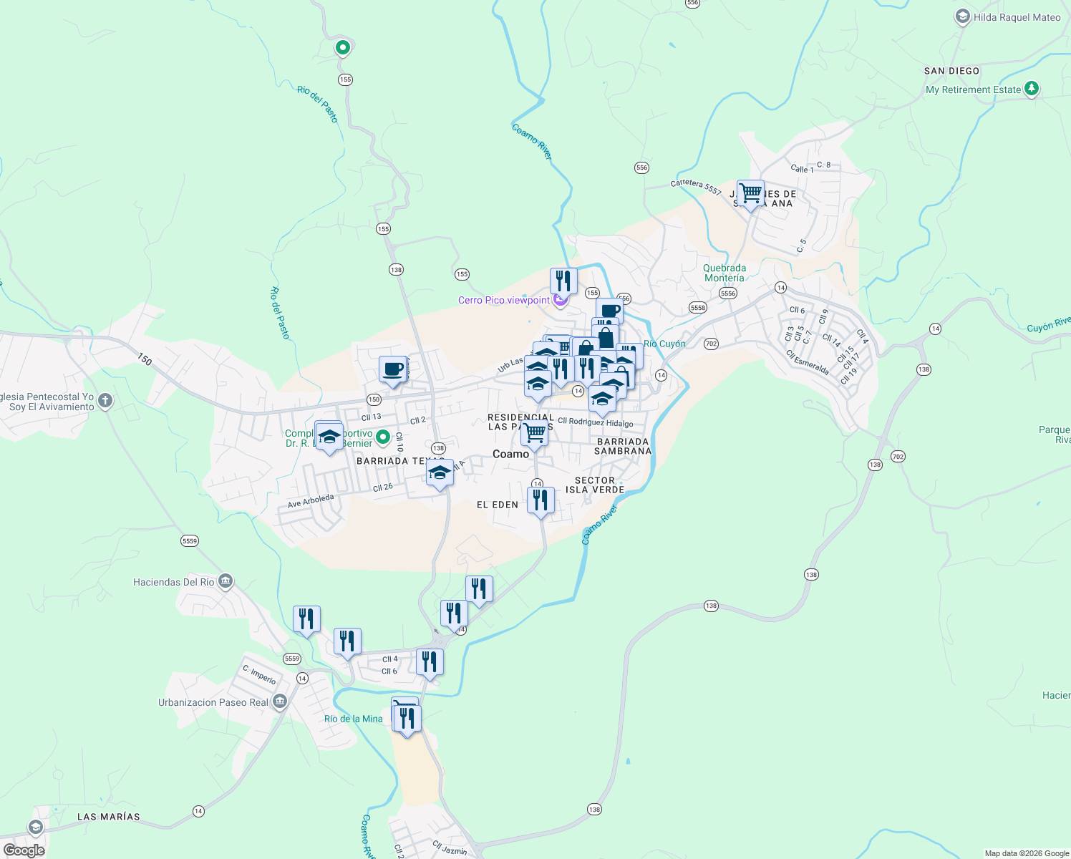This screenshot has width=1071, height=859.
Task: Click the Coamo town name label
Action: pyautogui.click(x=510, y=454)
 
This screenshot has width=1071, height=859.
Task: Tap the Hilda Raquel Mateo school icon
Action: pyautogui.click(x=962, y=17)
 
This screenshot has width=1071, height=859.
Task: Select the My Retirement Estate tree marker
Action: pyautogui.click(x=1031, y=89)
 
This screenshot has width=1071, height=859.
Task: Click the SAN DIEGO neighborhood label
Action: pyautogui.click(x=951, y=71)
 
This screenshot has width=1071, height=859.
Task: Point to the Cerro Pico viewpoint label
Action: pyautogui.click(x=504, y=300)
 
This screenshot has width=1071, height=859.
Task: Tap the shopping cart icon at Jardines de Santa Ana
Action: pyautogui.click(x=750, y=193)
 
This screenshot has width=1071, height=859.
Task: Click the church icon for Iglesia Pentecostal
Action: pyautogui.click(x=105, y=401)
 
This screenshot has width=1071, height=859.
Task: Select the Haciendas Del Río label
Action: pyautogui.click(x=173, y=582)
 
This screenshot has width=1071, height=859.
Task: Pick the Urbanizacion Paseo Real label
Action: pyautogui.click(x=213, y=702)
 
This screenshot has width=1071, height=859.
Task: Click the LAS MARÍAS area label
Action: pyautogui.click(x=109, y=817)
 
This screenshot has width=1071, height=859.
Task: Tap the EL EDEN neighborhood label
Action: pyautogui.click(x=498, y=505)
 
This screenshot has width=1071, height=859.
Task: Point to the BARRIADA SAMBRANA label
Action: pyautogui.click(x=623, y=447)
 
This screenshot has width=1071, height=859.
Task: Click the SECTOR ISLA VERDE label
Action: pyautogui.click(x=595, y=485)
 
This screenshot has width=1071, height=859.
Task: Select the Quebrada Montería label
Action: pyautogui.click(x=724, y=273)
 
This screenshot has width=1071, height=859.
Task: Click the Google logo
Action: pyautogui.click(x=24, y=850)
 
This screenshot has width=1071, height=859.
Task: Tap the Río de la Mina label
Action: pyautogui.click(x=354, y=719)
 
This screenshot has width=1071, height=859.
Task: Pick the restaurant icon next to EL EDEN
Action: pyautogui.click(x=541, y=500)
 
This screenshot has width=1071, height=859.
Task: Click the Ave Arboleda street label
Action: pyautogui.click(x=311, y=501)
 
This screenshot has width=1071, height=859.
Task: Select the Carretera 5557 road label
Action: pyautogui.click(x=696, y=186)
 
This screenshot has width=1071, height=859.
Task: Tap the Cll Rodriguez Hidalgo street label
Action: pyautogui.click(x=596, y=422)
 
